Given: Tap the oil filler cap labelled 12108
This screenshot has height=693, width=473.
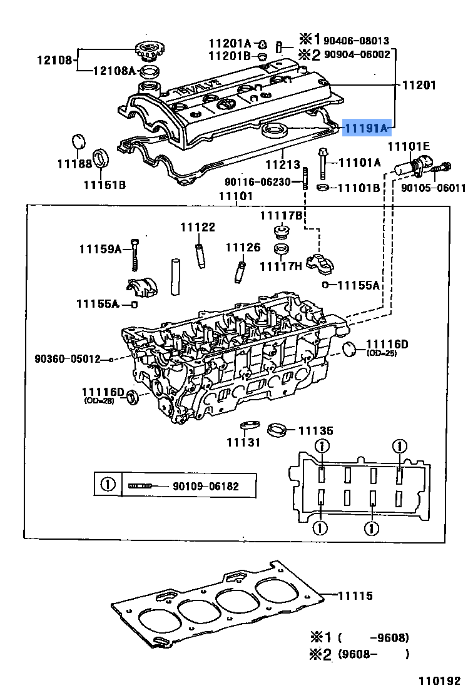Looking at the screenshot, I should point(148,48).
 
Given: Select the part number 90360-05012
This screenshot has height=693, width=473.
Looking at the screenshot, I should point(68,359).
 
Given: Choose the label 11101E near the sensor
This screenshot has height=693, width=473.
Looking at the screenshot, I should point(409,146).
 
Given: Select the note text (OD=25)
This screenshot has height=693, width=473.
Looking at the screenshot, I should point(382,353).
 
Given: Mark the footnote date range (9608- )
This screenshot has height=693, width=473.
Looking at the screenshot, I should point(374,654).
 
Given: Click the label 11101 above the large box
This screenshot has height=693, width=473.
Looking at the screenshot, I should point(235,196).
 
